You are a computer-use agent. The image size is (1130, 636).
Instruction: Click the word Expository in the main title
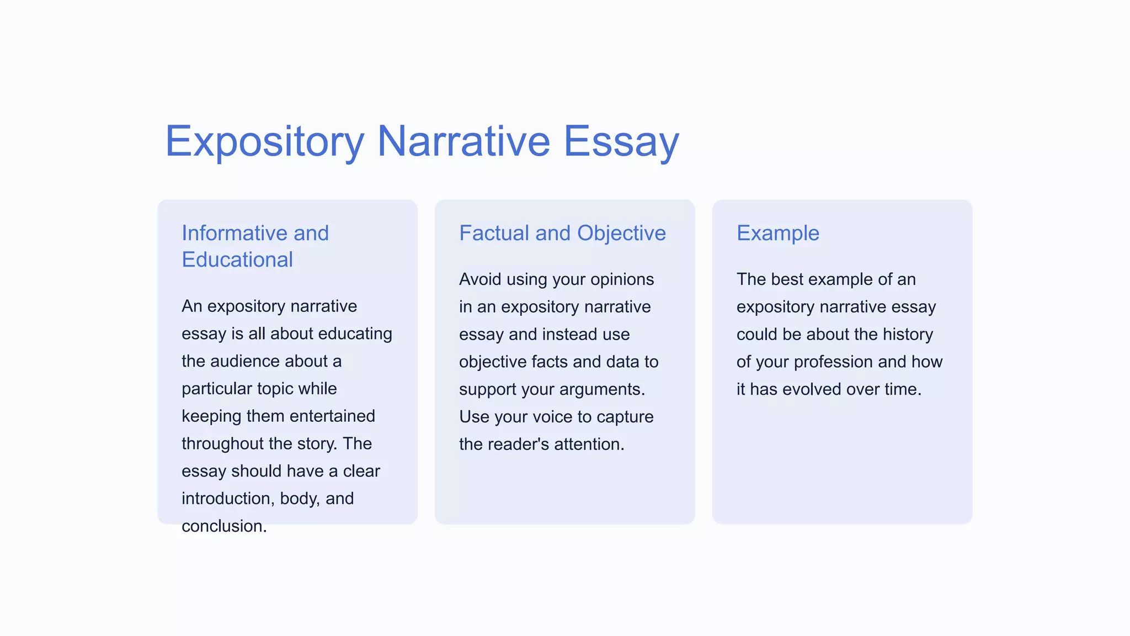[265, 142]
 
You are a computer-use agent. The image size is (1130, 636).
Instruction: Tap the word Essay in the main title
[621, 142]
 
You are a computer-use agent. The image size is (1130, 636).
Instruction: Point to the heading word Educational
[237, 259]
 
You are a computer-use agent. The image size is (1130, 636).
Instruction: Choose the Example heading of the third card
[778, 233]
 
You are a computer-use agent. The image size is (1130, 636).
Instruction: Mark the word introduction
[228, 499]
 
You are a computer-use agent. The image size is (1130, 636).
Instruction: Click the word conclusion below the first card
[223, 526]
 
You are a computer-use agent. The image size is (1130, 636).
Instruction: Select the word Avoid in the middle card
[479, 279]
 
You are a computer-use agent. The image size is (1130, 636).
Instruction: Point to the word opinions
[622, 279]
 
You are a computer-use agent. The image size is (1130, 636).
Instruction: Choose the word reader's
[516, 444]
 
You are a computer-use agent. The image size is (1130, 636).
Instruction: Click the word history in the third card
[908, 335]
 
